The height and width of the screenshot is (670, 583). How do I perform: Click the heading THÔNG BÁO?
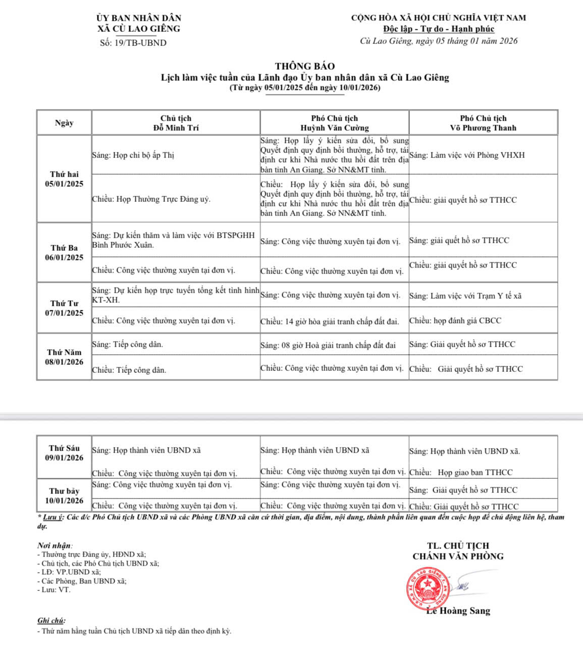click(305, 66)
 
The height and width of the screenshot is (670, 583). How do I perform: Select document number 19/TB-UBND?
click(133, 43)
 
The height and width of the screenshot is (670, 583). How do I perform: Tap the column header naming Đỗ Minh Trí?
click(176, 123)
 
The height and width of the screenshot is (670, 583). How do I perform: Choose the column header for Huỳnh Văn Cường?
click(334, 123)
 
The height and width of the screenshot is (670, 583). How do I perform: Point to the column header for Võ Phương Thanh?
click(483, 123)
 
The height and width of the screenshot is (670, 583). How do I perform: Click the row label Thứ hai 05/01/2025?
click(64, 179)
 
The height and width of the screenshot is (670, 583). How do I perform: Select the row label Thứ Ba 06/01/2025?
click(64, 253)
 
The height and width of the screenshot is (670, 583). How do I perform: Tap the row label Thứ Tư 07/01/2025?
click(64, 308)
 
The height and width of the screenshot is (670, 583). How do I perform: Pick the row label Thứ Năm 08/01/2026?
click(64, 357)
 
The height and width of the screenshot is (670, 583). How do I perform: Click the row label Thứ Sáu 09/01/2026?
click(64, 453)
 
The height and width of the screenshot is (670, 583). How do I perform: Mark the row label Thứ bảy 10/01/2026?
click(64, 496)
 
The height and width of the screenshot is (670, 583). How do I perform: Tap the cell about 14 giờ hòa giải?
click(330, 321)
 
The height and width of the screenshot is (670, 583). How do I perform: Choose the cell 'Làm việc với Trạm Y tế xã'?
click(465, 296)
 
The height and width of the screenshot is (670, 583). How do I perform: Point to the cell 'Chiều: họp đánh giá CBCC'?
click(455, 321)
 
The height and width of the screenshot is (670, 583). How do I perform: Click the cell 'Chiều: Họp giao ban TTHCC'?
click(461, 473)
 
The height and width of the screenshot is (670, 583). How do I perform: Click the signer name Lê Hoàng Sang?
click(458, 611)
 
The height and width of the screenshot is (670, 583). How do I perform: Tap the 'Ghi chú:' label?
click(51, 621)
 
